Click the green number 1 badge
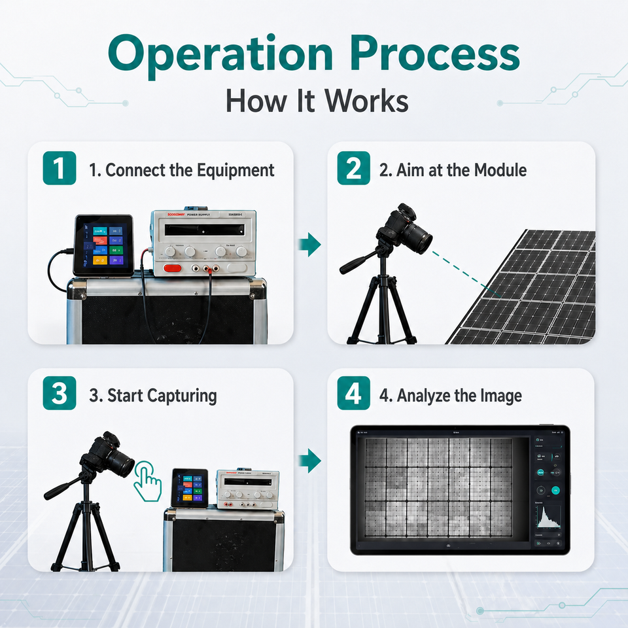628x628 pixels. click(60, 169)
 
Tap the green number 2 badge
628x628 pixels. click(353, 169)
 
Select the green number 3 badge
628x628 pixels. click(60, 395)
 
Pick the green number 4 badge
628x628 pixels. click(353, 395)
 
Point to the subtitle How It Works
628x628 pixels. click(317, 101)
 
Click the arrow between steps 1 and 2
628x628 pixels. click(309, 246)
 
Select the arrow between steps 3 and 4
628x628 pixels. click(309, 461)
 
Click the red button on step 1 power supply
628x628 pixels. click(173, 268)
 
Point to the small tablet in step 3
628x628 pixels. click(190, 487)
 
